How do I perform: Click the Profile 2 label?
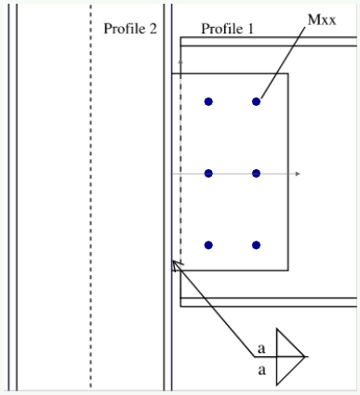(x=129, y=29)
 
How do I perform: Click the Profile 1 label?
(x=227, y=29)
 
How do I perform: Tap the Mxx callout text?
(x=322, y=19)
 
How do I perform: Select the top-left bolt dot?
(x=208, y=101)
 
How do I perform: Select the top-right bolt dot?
(x=256, y=101)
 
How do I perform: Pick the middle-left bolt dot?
(x=208, y=174)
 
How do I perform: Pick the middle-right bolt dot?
(x=256, y=174)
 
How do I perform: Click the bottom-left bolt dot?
(x=208, y=245)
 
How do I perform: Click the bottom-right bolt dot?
(x=256, y=245)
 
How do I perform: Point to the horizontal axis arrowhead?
(x=297, y=174)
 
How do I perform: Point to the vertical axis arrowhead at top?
(x=180, y=59)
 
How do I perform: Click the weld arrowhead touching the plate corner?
(x=177, y=264)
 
